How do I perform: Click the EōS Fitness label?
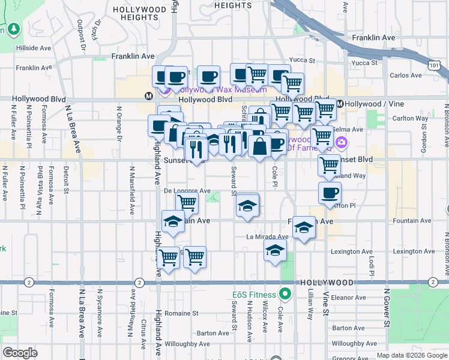(x=255, y=295)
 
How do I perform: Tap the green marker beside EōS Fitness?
(x=285, y=294)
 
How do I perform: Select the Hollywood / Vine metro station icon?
(x=340, y=104)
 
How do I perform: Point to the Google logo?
(x=20, y=353)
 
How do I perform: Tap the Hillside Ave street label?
(x=34, y=48)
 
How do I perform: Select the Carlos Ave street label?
(x=406, y=76)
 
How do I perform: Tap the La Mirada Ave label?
(x=268, y=236)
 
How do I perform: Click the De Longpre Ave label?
(x=187, y=191)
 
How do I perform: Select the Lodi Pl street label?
(x=372, y=263)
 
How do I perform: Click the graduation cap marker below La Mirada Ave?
(x=276, y=251)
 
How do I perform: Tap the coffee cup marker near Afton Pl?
(x=330, y=193)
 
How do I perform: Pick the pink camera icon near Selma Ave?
(x=342, y=142)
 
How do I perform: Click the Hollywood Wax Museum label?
(x=220, y=90)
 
